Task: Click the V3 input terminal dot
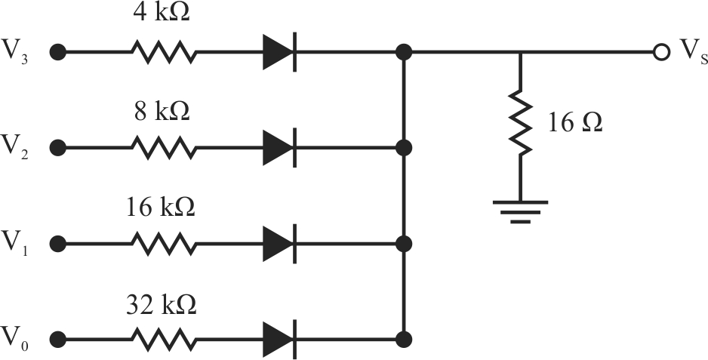[58, 52]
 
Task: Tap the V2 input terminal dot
[58, 148]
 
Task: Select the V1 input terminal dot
[58, 244]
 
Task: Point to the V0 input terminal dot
[58, 339]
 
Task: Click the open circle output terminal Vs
[660, 52]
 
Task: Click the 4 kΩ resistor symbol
[165, 52]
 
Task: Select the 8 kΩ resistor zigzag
[165, 148]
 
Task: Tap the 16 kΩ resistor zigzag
[165, 244]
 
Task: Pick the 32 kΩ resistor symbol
[165, 339]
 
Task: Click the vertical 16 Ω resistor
[521, 122]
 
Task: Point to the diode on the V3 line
[280, 52]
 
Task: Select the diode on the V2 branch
[280, 148]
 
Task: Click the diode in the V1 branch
[280, 244]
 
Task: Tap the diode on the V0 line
[280, 339]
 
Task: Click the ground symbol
[521, 212]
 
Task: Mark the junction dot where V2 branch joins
[404, 148]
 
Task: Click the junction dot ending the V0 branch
[404, 339]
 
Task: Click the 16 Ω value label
[575, 122]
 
